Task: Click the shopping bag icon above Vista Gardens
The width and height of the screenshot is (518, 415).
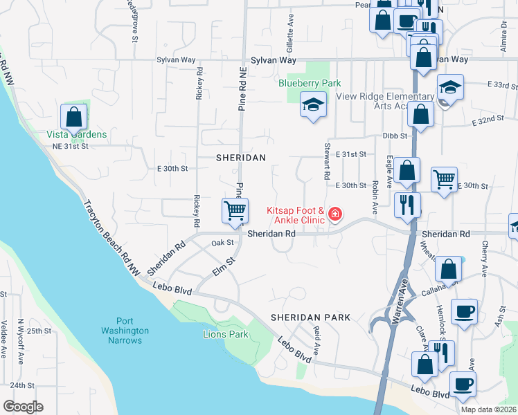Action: [x=74, y=118]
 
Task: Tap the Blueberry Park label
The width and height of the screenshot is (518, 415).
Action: [x=310, y=83]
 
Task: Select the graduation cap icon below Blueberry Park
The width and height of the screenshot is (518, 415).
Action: [x=313, y=105]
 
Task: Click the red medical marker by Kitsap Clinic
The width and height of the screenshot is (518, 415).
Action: [x=335, y=214]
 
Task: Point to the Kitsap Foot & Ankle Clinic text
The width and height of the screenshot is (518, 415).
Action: [x=296, y=215]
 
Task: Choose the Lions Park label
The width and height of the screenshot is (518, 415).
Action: [x=225, y=334]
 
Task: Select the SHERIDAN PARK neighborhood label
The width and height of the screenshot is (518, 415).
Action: [x=310, y=317]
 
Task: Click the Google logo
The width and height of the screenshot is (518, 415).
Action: [x=23, y=407]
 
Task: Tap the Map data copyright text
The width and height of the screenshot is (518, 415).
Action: [x=489, y=409]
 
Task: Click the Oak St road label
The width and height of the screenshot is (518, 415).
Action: [x=222, y=243]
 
